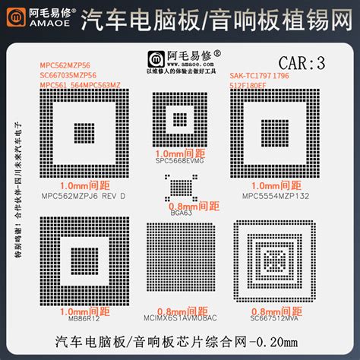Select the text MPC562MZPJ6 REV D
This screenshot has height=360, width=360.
(83, 194)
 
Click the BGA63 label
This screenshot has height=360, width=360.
(181, 213)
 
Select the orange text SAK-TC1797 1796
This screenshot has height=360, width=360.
(258, 76)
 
